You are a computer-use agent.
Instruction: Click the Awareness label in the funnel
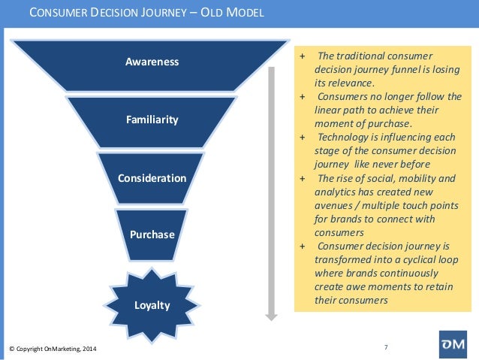[152, 62]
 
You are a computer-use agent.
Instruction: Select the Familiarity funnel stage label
[152, 119]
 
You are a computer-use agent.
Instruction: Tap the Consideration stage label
[152, 178]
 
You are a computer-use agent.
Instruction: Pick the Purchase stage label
[152, 234]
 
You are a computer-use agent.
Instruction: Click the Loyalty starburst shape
[152, 305]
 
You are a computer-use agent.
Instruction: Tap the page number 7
[386, 346]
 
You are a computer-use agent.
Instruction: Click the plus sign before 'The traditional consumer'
[302, 56]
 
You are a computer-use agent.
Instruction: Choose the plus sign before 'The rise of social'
[302, 178]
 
